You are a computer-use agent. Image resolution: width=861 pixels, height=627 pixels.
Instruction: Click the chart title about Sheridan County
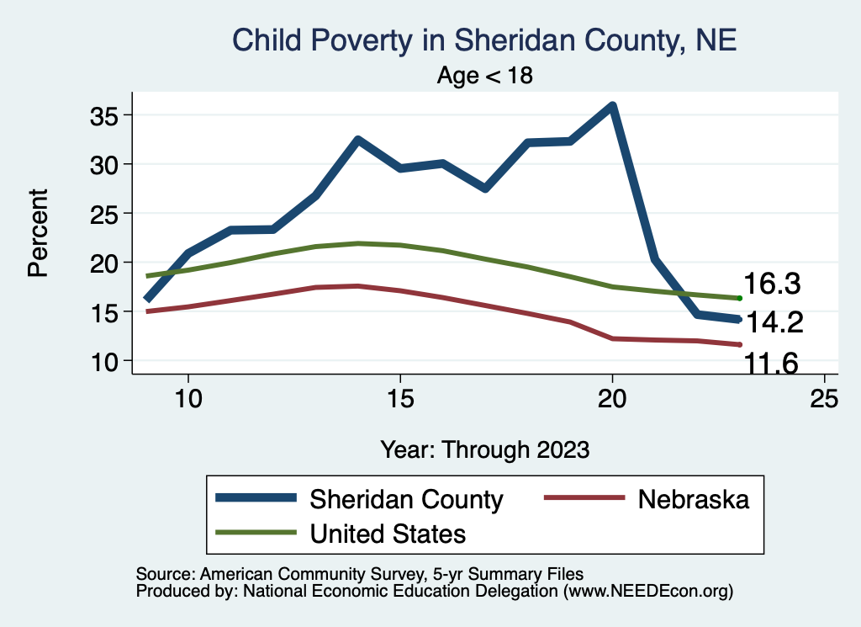pos(484,40)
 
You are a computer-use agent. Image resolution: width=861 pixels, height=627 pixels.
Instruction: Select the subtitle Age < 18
pos(485,75)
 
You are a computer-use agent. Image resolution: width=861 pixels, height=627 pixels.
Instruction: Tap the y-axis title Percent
pos(37,233)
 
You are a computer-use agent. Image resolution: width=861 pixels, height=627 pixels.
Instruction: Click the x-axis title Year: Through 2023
pos(484,448)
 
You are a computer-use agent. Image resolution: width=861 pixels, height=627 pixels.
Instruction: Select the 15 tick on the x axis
pos(400,396)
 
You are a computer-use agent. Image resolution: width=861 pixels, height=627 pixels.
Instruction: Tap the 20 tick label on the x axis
pos(612,396)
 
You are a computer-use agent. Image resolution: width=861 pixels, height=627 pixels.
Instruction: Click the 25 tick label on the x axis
pos(824,396)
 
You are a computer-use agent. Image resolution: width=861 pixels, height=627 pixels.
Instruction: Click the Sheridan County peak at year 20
pos(612,106)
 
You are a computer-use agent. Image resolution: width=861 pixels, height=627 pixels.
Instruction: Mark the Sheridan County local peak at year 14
pos(358,140)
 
